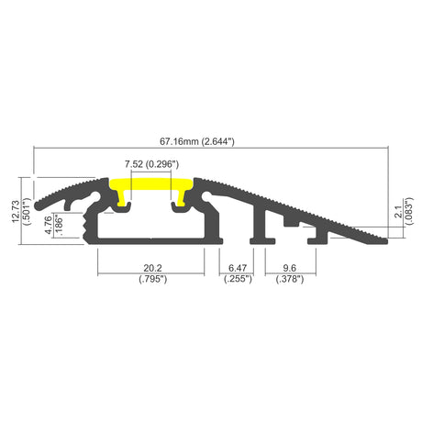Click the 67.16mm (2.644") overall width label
tap(197, 141)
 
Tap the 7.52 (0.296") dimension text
tap(151, 164)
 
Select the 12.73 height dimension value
tap(16, 211)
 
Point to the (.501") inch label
tap(27, 211)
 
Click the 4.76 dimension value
tap(49, 225)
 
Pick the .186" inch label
tap(59, 226)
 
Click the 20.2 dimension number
tap(152, 268)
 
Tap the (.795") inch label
tap(153, 279)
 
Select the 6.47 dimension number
tap(238, 268)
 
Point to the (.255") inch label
tap(238, 279)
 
